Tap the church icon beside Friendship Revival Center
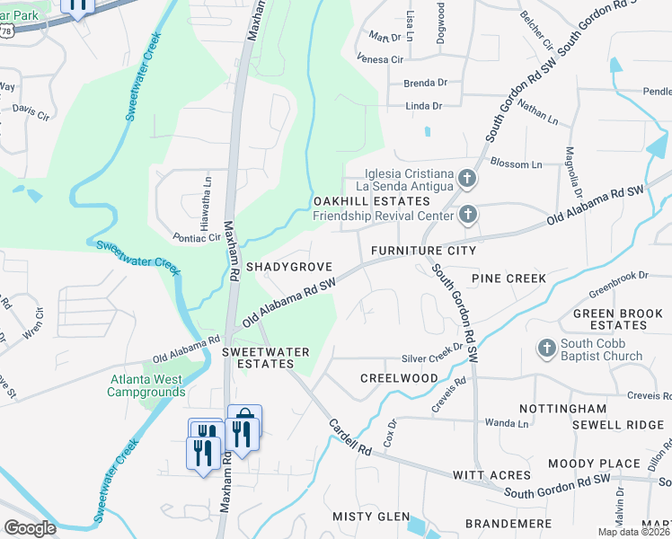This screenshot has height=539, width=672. [466, 215]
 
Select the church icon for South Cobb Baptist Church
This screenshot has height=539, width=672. [545, 348]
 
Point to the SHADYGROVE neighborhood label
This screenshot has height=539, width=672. [289, 268]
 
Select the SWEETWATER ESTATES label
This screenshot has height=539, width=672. [259, 358]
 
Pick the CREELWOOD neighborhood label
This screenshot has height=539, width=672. [399, 378]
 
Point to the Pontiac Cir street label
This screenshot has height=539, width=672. [197, 238]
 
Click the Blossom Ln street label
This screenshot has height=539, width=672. [517, 164]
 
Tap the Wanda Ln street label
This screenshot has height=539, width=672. [501, 422]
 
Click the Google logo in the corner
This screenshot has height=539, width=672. [31, 528]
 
